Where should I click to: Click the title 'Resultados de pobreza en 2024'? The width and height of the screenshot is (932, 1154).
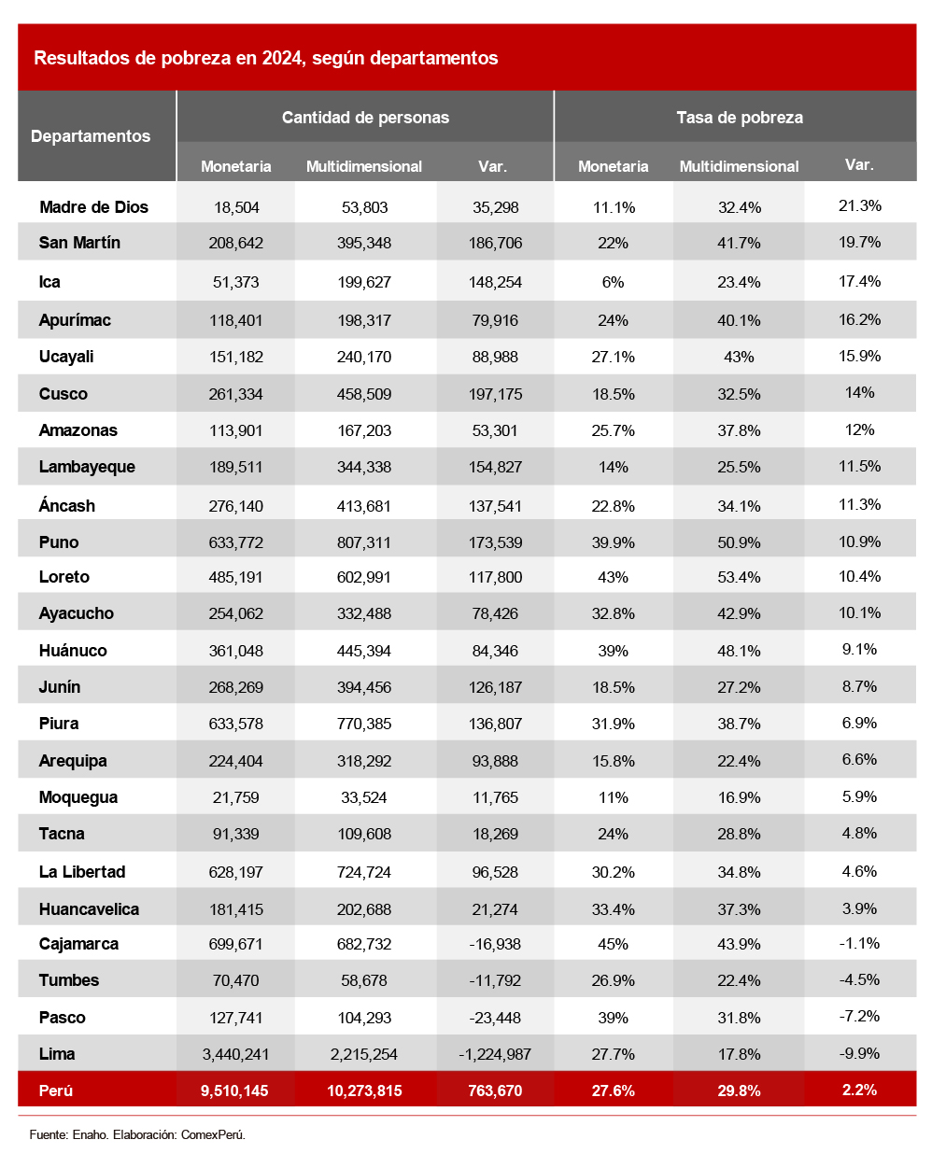(265, 58)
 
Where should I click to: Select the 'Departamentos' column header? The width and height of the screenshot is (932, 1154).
(91, 136)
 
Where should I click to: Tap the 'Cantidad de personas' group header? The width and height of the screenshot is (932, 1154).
(365, 118)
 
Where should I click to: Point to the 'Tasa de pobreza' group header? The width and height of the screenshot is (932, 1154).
(740, 118)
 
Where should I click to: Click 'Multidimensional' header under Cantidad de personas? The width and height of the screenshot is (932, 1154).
(364, 166)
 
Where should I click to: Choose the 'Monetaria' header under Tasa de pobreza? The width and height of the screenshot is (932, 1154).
(613, 166)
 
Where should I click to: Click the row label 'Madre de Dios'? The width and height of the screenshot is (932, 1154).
(93, 207)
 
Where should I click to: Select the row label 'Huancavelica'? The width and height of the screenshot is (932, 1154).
(89, 909)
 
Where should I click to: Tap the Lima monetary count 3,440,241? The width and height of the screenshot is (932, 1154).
(235, 1054)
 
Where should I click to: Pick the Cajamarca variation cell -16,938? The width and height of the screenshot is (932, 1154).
(495, 944)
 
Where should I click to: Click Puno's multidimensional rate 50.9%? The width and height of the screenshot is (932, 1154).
(739, 542)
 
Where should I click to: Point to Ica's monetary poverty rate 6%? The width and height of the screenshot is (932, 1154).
(613, 282)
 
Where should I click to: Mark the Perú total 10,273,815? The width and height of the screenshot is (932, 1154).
(364, 1091)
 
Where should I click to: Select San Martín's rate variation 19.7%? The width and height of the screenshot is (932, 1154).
(859, 243)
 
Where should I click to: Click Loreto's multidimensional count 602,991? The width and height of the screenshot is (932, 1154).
(364, 577)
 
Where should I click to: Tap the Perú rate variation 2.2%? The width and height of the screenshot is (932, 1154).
(859, 1090)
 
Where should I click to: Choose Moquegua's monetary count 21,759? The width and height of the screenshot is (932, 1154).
(235, 797)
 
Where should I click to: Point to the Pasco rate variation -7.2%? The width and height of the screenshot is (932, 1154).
(859, 1017)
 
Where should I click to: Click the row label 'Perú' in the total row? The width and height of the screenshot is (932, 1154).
(56, 1091)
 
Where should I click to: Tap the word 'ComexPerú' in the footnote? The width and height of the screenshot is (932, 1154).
(213, 1134)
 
